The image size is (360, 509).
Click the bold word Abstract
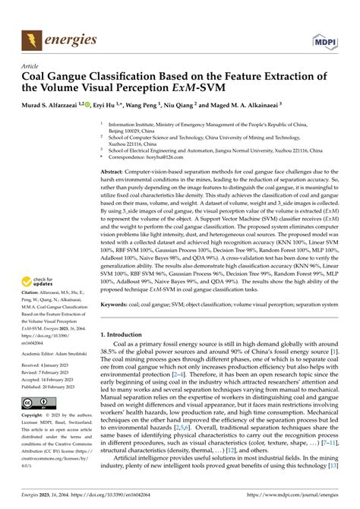click(114, 172)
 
